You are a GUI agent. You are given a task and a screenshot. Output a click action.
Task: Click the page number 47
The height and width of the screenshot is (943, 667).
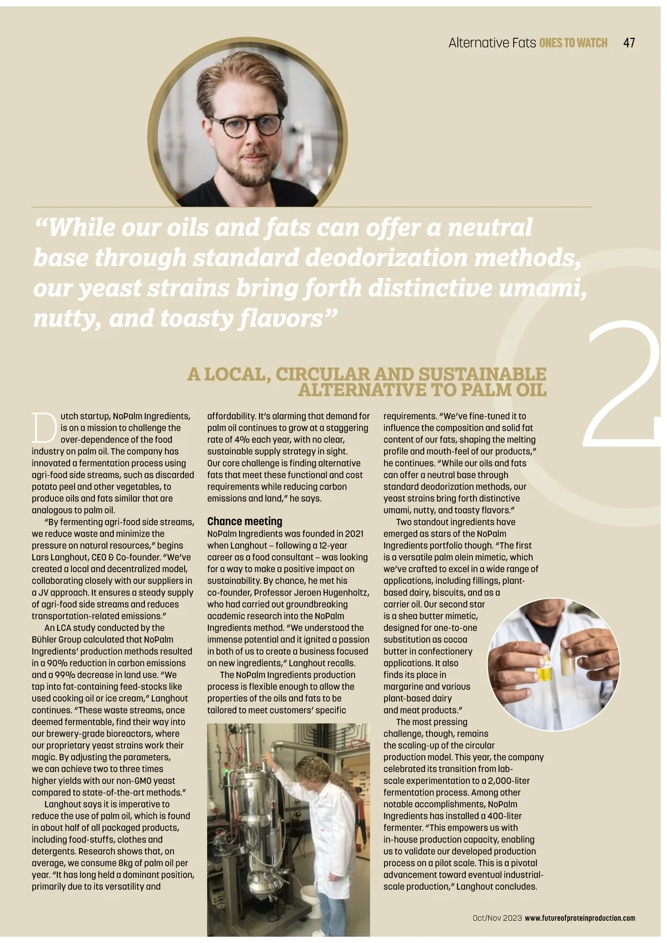click(629, 43)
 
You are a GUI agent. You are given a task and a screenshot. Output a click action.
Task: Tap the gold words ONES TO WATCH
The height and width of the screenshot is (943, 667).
click(573, 43)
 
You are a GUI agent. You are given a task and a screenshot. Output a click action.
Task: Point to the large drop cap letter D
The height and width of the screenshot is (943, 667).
click(44, 427)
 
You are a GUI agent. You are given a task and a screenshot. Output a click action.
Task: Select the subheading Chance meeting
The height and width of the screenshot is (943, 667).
click(245, 521)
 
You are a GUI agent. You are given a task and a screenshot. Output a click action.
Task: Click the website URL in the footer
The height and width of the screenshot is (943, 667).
click(580, 918)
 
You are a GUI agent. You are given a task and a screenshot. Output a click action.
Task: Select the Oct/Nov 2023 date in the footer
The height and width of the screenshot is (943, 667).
click(497, 918)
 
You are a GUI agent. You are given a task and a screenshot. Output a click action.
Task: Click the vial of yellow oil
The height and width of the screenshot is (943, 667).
click(544, 669)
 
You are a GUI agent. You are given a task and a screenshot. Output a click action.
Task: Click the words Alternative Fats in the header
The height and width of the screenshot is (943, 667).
click(491, 43)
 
